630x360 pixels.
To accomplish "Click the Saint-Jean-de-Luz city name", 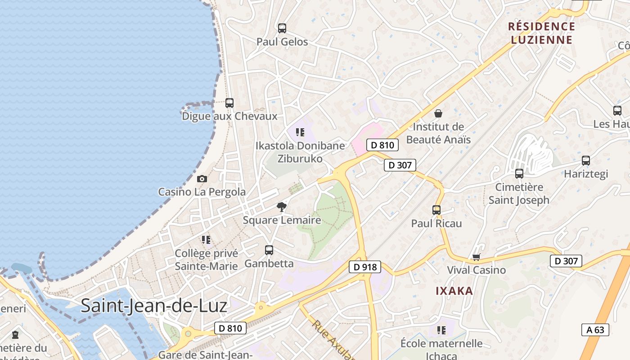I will (x=154, y=306).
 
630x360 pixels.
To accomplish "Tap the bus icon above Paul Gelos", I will (x=282, y=28).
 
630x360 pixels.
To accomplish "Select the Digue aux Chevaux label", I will (x=229, y=116).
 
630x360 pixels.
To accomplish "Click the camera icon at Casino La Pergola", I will (x=202, y=179).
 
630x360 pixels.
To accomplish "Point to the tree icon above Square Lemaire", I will (x=282, y=207).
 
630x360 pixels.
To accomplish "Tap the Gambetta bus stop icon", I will (x=269, y=250).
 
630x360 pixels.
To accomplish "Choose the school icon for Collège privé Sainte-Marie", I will (x=206, y=240).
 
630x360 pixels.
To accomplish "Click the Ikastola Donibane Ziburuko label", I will (x=300, y=152).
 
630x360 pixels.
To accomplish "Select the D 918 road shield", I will (x=365, y=267).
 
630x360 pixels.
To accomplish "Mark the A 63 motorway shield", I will (x=595, y=330).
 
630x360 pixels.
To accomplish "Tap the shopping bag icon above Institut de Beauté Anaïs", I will (x=438, y=113).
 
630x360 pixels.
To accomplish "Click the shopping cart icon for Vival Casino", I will (x=477, y=257).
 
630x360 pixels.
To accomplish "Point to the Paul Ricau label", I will (x=436, y=223).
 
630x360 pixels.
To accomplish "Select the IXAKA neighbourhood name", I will (x=454, y=291).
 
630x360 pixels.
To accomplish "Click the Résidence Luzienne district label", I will (x=542, y=33).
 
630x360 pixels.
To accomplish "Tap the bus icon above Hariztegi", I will (x=586, y=161).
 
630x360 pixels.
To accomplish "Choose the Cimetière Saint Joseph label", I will (x=519, y=193).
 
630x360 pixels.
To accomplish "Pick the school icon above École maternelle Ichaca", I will (x=441, y=330).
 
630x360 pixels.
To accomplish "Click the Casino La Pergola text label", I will (x=202, y=192).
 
